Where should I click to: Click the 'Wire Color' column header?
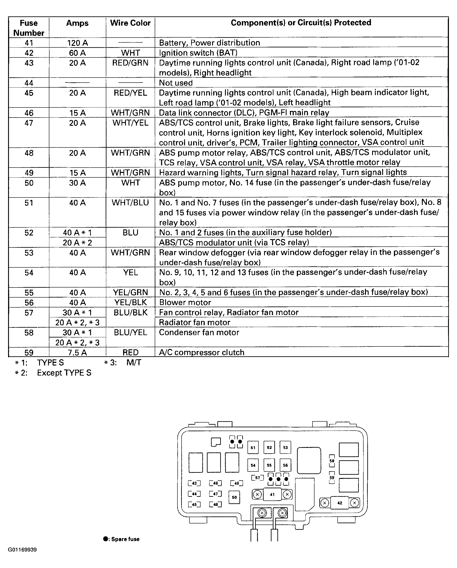130,23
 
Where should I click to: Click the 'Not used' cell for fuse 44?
176,83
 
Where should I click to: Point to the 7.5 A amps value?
77,353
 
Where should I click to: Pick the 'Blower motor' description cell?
185,302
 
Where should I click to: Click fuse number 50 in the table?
29,183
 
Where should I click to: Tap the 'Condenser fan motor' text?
199,332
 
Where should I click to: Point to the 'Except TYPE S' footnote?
64,373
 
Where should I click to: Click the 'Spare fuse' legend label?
125,539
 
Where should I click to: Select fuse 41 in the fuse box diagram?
272,495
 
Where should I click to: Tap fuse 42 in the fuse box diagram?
340,503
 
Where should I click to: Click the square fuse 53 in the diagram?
285,447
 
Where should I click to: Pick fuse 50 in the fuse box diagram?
234,497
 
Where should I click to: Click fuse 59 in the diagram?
332,478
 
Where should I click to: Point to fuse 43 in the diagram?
194,483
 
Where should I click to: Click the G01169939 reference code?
22,550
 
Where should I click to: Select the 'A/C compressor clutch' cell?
202,353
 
